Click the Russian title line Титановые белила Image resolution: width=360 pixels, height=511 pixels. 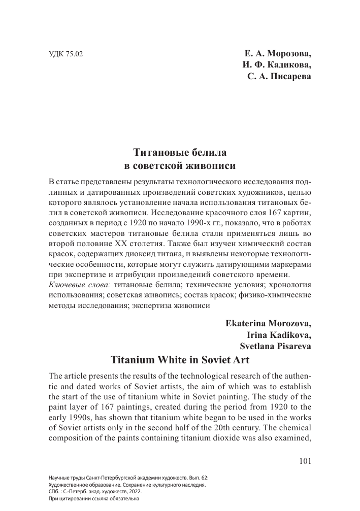tap(180, 152)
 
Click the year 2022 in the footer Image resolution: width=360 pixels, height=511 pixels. tap(134, 492)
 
